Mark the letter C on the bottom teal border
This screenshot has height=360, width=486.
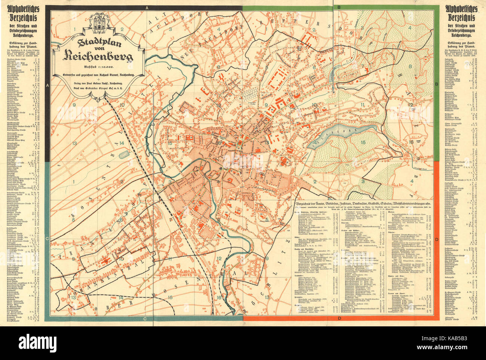pos(144,318)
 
